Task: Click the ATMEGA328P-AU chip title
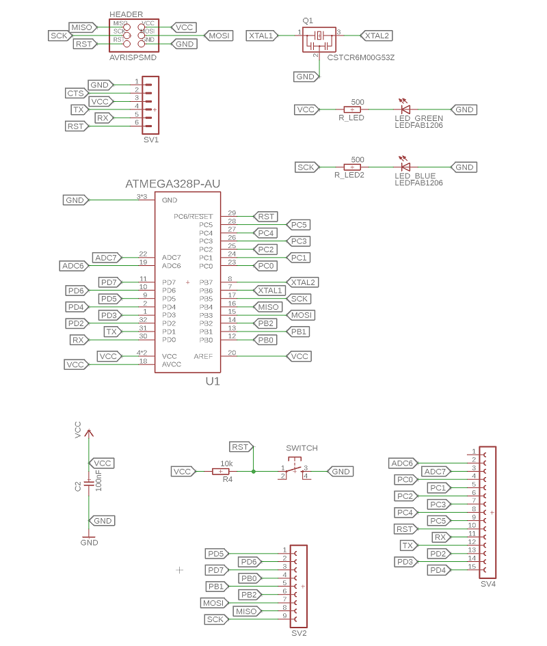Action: pos(173,184)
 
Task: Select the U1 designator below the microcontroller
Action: pos(213,381)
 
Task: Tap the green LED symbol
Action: pos(405,109)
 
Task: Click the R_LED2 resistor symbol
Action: pos(351,167)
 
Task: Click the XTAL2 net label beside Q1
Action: pos(376,36)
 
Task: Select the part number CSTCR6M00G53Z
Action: pos(361,57)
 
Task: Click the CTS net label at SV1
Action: pos(75,93)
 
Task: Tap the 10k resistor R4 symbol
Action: pos(221,471)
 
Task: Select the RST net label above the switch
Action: pos(240,446)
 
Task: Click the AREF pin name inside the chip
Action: pos(203,356)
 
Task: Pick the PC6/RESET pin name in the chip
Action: pos(194,217)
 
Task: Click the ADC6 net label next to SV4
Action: pos(401,463)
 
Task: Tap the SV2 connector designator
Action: pos(299,633)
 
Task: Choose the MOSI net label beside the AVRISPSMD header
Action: pos(219,36)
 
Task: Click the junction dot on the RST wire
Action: pos(254,471)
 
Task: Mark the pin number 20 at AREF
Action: pos(232,353)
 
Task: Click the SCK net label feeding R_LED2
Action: pos(306,167)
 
